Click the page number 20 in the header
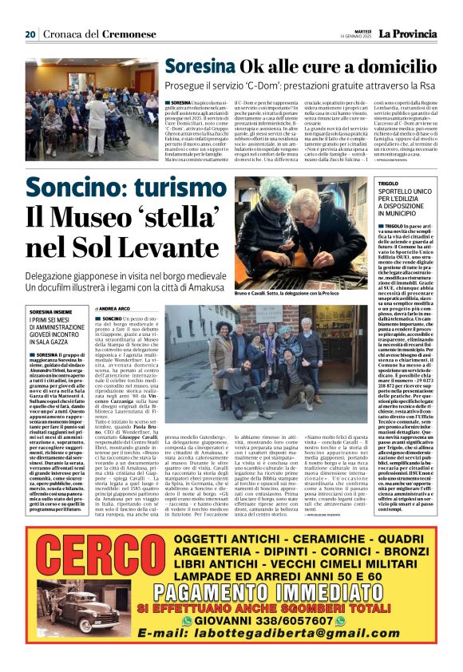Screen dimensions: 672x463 (30, 34)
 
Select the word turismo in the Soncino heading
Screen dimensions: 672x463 (181, 188)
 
